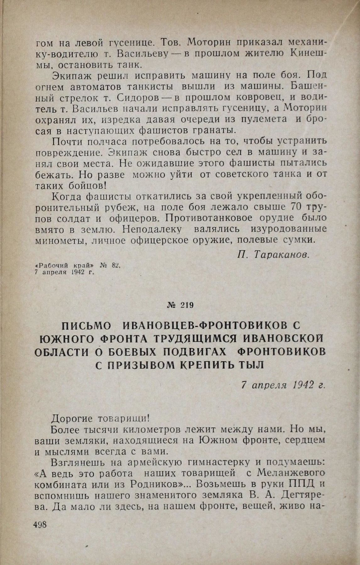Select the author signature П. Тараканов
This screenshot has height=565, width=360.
tap(274, 255)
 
